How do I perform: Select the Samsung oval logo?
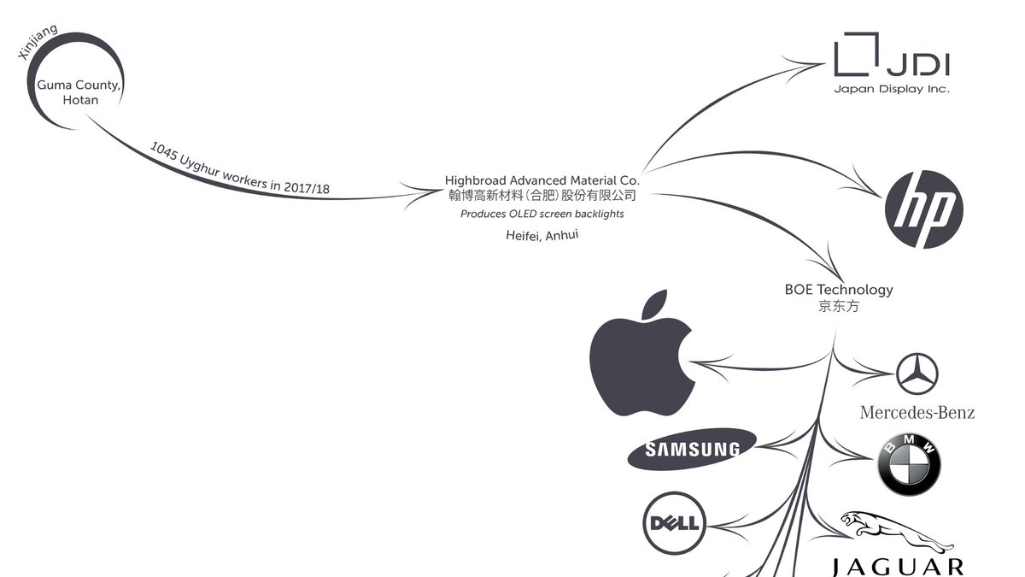coord(692,450)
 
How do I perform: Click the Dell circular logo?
coord(675,521)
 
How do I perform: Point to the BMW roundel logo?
coord(909,464)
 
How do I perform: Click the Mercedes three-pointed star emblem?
coord(917,374)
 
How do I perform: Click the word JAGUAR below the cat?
coord(898,567)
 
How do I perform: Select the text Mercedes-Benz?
coord(917,413)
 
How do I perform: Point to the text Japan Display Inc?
coord(892,88)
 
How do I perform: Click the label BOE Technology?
coord(839,289)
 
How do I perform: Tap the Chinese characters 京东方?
coord(839,306)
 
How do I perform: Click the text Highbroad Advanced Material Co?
coord(542,180)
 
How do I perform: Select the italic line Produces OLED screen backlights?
coord(542,214)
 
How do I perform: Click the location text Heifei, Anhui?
coord(542,235)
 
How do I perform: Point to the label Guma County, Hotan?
coord(79,92)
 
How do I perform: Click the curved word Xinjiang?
coord(38,42)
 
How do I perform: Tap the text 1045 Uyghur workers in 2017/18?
coord(239,168)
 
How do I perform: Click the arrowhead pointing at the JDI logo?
coord(817,64)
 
